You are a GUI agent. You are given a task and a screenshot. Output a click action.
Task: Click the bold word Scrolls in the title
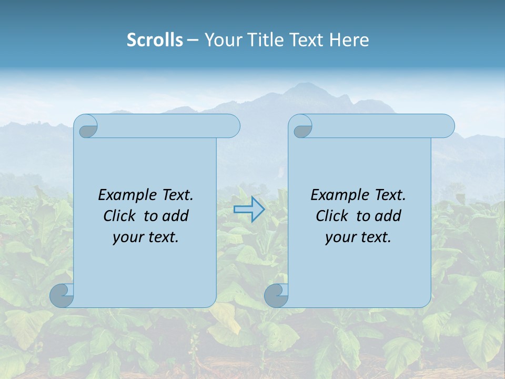155,40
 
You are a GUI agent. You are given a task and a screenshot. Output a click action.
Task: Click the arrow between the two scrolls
249,210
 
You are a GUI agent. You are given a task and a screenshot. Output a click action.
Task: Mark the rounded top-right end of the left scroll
231,126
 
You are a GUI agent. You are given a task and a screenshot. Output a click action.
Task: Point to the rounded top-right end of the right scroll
446,126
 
